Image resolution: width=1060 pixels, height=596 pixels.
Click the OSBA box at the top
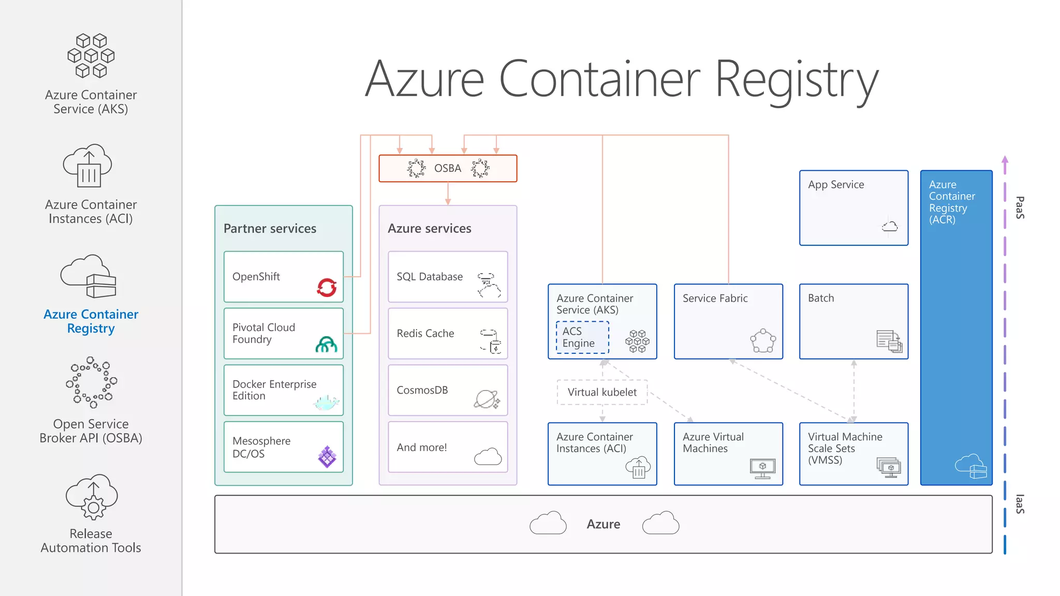(x=448, y=168)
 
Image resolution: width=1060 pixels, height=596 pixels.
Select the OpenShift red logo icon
(x=327, y=287)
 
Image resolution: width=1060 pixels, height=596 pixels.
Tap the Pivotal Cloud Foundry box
(x=284, y=334)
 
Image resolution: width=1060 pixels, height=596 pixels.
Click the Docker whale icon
(x=327, y=402)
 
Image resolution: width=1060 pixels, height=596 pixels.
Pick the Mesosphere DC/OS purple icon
(x=327, y=457)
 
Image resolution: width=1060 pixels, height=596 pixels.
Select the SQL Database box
(x=448, y=277)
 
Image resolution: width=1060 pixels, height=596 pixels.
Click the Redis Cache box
(x=448, y=334)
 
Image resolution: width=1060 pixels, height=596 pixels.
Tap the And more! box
(x=448, y=447)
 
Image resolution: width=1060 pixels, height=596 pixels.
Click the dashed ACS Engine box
(x=582, y=337)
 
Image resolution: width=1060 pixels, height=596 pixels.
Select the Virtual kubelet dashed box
(x=602, y=392)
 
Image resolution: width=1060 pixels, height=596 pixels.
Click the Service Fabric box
(x=728, y=321)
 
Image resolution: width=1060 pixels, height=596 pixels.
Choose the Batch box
(x=853, y=321)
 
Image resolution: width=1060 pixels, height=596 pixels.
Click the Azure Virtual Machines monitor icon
(x=762, y=468)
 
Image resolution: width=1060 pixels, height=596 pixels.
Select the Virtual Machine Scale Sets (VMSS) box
(x=853, y=454)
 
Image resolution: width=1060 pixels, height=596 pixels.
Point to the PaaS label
(x=1020, y=207)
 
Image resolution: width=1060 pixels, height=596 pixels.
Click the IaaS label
(x=1020, y=504)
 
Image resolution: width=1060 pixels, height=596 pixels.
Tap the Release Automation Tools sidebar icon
(x=92, y=497)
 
